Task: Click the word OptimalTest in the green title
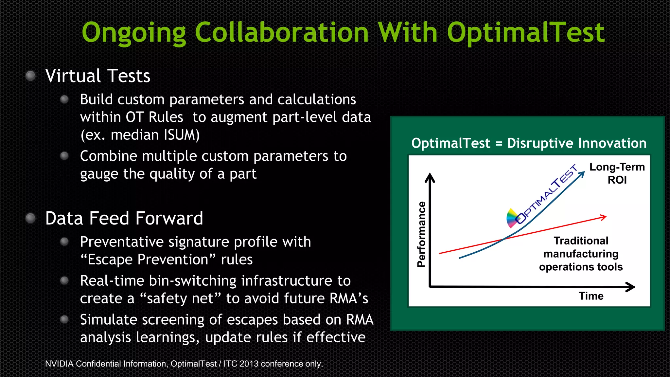coord(525,33)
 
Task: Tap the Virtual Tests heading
coord(98,76)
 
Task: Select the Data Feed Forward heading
coord(124,218)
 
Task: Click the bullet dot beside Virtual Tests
coord(30,76)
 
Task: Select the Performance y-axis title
coord(421,234)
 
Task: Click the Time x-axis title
coord(591,296)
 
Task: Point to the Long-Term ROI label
coord(617,173)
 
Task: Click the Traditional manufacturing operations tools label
coord(581,254)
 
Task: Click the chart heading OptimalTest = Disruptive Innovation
coord(529,143)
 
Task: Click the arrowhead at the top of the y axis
coord(430,177)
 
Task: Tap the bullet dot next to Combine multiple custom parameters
coord(64,156)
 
